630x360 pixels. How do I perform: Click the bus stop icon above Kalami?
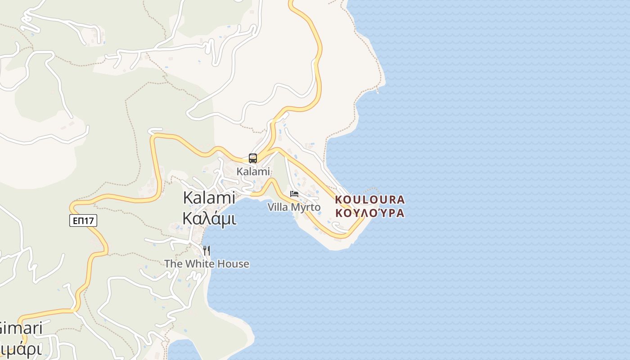[x=253, y=158]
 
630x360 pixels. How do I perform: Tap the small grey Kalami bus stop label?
[x=253, y=171]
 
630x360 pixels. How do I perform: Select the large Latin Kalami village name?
[x=209, y=198]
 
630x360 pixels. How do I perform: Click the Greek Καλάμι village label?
[x=209, y=218]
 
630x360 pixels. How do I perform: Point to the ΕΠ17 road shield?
[x=83, y=220]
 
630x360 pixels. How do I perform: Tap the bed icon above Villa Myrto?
[x=294, y=194]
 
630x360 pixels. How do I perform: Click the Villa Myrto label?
[x=294, y=207]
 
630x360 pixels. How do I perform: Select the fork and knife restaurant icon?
[x=207, y=250]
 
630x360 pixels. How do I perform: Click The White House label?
[x=207, y=264]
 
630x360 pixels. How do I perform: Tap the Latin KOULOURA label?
[x=370, y=199]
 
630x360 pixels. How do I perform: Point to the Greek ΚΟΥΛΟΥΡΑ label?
[x=370, y=213]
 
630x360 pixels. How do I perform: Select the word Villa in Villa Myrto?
[x=278, y=207]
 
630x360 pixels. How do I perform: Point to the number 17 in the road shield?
[x=89, y=220]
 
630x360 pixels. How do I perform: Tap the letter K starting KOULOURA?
[x=339, y=199]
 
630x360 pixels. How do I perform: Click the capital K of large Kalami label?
[x=189, y=198]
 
